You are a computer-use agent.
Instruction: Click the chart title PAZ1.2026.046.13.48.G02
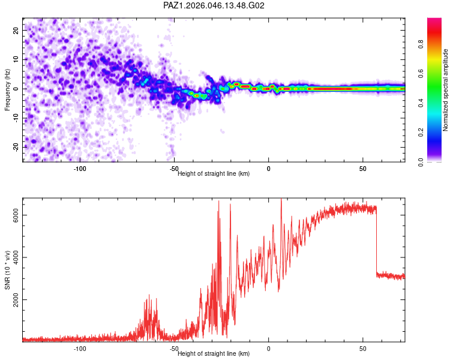pos(214,6)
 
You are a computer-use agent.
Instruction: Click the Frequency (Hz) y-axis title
pos(8,90)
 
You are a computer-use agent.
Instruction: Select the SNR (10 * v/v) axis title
pos(8,269)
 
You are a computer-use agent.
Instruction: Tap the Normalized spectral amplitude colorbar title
pos(446,90)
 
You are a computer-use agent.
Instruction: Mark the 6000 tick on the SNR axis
pos(16,215)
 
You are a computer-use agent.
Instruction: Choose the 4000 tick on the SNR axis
pos(16,257)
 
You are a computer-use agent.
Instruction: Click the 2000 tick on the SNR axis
pos(16,300)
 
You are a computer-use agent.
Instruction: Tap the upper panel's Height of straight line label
pos(214,173)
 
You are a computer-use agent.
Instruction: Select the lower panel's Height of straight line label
pos(214,353)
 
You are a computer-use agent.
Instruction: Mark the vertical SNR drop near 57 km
pos(376,240)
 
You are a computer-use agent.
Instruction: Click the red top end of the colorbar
pos(434,21)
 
